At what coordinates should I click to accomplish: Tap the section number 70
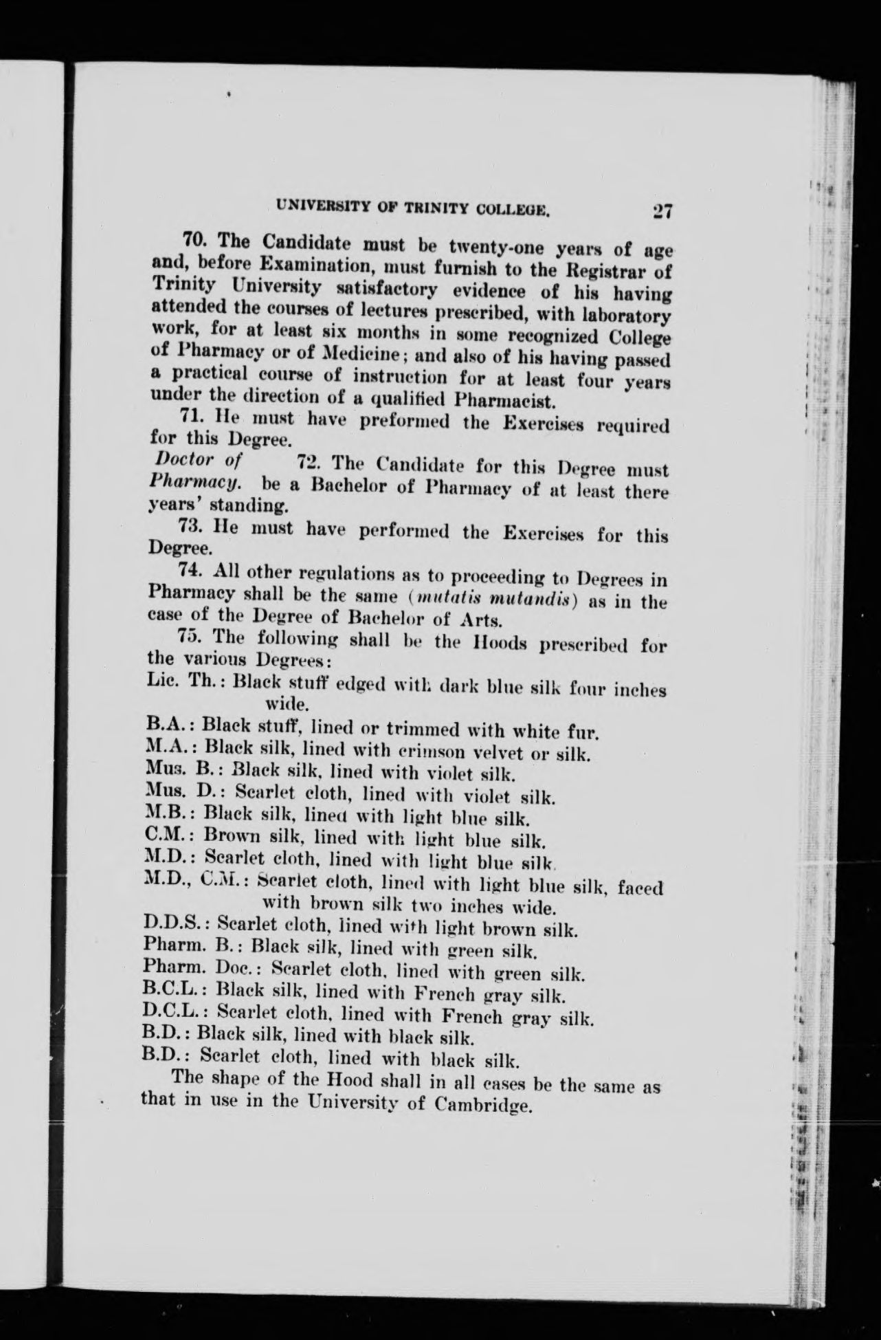[197, 241]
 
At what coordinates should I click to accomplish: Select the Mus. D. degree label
[183, 792]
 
